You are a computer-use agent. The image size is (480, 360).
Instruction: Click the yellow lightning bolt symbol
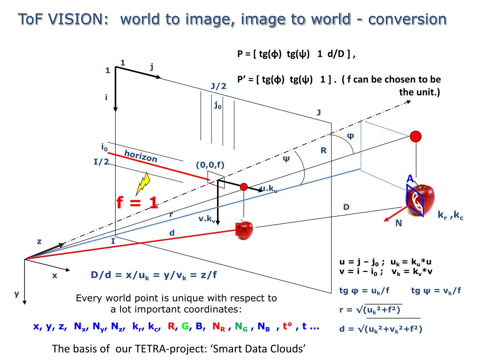[x=143, y=183]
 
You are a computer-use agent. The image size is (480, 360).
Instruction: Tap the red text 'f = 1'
[x=137, y=202]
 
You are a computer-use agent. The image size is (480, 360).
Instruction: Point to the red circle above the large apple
[x=416, y=136]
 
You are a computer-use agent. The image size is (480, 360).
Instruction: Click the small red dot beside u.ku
[x=244, y=187]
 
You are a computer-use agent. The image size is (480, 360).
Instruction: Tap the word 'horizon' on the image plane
[x=141, y=156]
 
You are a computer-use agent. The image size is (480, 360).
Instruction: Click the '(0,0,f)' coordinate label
[x=210, y=165]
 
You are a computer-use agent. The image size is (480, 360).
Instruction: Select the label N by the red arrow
[x=398, y=223]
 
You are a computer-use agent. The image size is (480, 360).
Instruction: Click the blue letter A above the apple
[x=410, y=179]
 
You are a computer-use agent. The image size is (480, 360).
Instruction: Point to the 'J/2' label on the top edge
[x=218, y=86]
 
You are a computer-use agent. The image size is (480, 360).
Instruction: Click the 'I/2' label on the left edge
[x=101, y=161]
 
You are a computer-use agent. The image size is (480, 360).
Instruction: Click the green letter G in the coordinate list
[x=185, y=326]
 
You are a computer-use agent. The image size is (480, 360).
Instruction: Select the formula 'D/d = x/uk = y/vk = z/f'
[x=154, y=275]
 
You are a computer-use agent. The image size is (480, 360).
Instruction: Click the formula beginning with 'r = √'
[x=370, y=310]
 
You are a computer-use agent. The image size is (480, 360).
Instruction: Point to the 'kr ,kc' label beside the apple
[x=450, y=215]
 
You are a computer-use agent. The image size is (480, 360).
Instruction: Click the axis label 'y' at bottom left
[x=16, y=294]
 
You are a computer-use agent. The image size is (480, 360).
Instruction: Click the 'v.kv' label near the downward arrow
[x=207, y=219]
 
